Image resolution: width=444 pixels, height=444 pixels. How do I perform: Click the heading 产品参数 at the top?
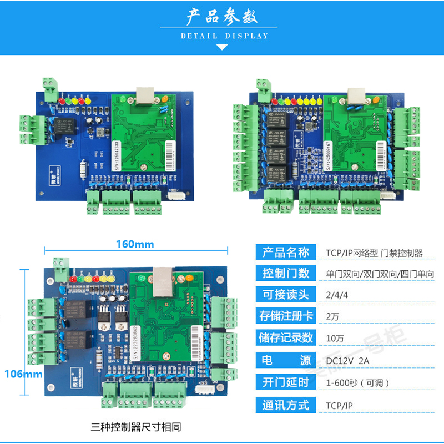[221, 17]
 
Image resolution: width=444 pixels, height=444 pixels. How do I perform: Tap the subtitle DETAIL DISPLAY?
[224, 36]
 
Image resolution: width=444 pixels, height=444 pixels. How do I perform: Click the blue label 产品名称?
[285, 253]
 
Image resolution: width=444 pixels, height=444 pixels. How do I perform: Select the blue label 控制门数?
[285, 273]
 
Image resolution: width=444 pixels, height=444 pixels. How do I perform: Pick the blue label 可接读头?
[285, 294]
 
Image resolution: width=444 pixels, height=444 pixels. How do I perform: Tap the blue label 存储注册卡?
[285, 316]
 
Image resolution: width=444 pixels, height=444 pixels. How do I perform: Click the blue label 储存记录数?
[285, 337]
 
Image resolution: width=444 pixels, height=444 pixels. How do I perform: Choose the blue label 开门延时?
[285, 382]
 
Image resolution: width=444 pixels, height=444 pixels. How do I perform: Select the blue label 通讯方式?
[285, 405]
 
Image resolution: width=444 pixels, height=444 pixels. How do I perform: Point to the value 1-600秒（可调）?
[358, 382]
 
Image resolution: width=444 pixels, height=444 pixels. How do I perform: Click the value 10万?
[335, 338]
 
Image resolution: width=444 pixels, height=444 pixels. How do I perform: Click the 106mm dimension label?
[23, 374]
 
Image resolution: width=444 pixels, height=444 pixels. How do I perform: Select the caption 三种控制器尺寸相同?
[135, 427]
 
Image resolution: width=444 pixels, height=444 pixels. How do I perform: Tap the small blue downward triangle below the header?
[222, 48]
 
